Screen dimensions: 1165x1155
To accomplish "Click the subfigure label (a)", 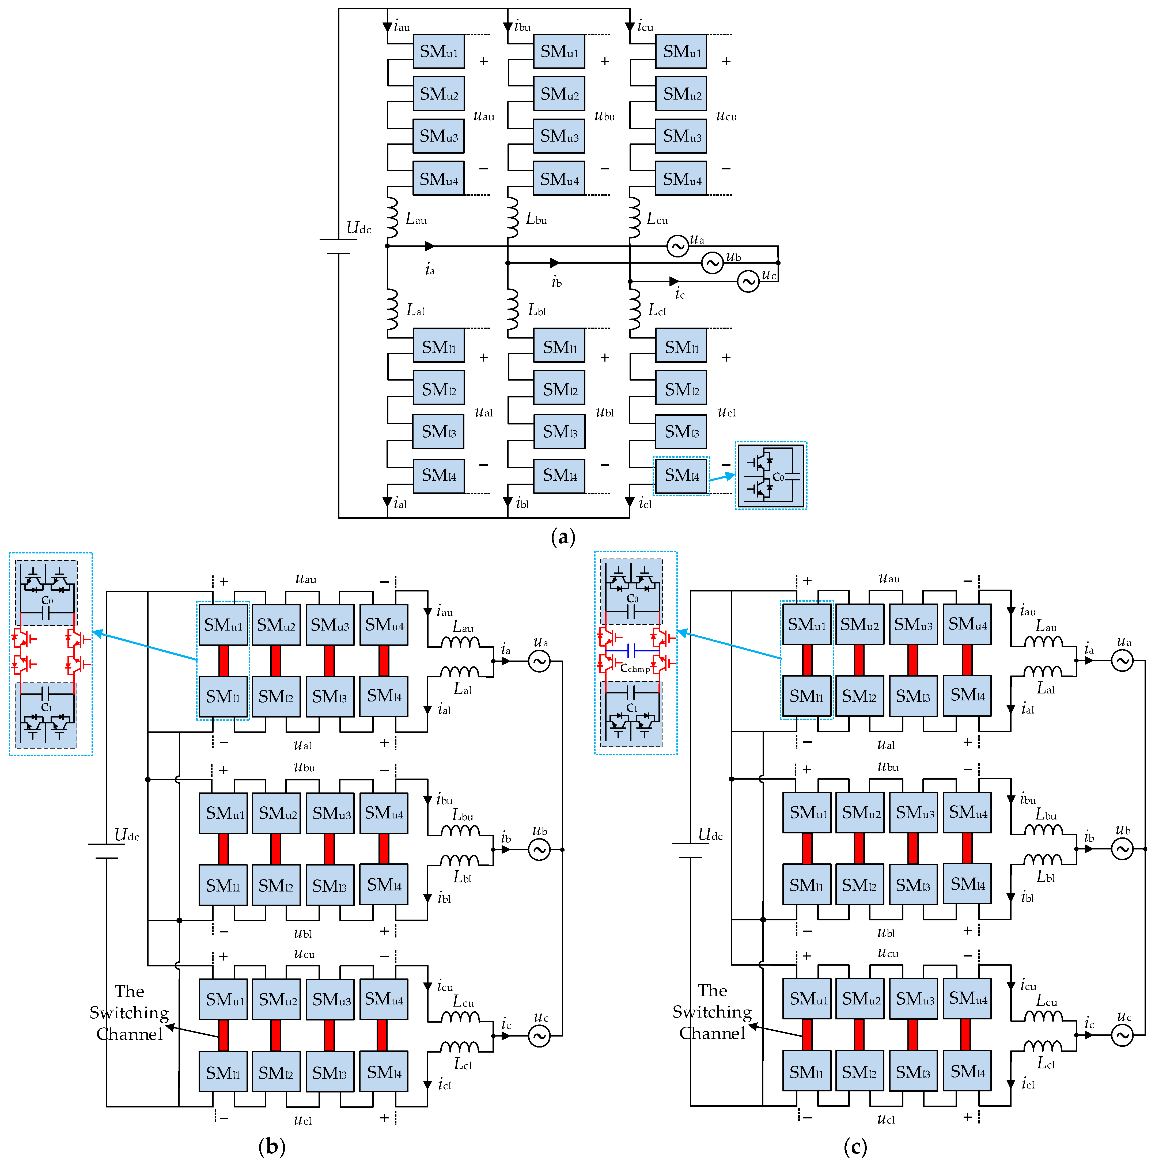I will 563,536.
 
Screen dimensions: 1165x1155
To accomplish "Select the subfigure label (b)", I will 271,1146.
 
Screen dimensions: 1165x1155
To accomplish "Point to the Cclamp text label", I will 634,668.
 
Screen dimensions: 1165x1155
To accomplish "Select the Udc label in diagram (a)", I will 358,228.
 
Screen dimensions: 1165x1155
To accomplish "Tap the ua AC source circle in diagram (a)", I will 677,246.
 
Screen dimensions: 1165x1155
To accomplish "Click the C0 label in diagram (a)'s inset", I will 778,477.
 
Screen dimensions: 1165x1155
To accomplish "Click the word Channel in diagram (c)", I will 712,1034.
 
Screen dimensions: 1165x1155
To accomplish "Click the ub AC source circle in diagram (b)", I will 539,850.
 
